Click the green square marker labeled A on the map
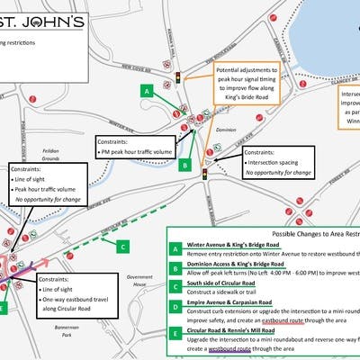click(x=146, y=92)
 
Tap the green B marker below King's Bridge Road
click(x=184, y=165)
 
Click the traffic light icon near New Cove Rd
click(x=178, y=78)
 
